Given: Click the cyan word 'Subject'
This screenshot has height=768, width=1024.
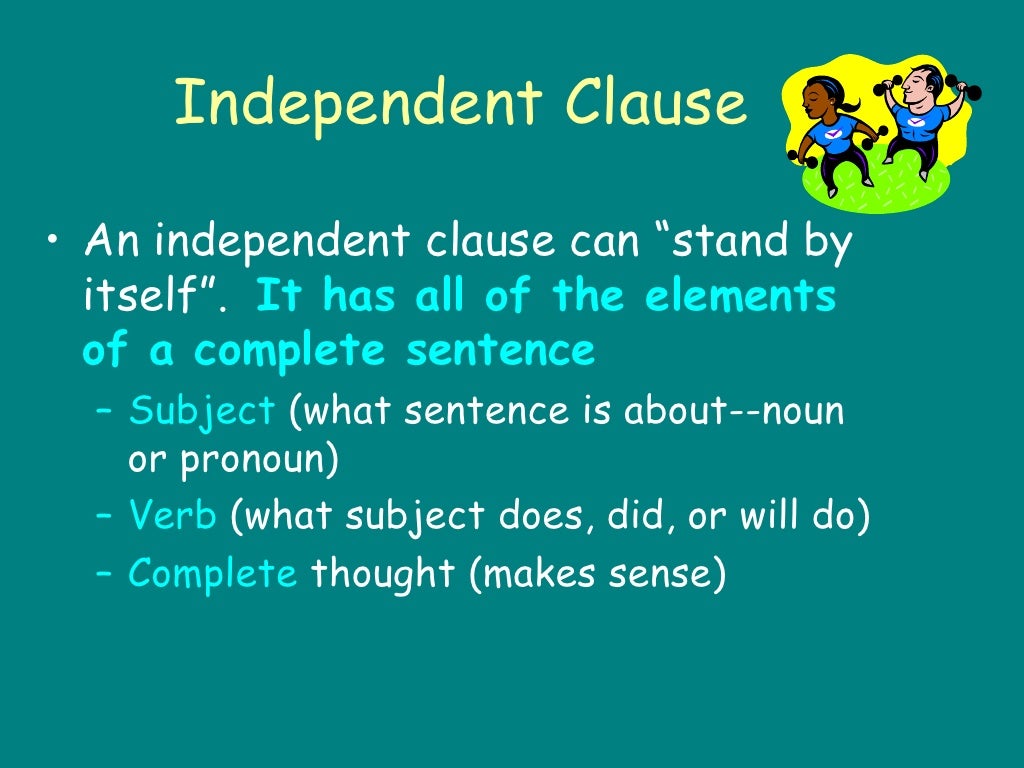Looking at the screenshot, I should click(x=201, y=411).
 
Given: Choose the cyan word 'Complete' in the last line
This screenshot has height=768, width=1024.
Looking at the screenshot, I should click(x=212, y=573).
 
